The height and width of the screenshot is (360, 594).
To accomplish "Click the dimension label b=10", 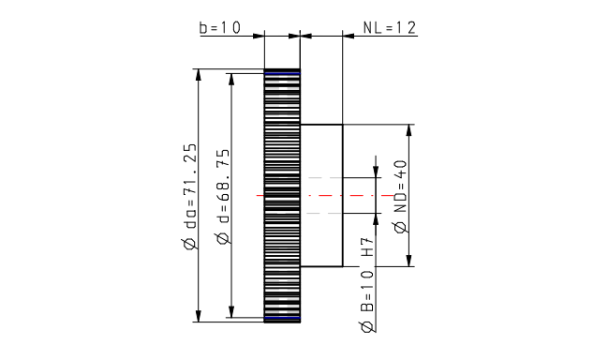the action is click(x=220, y=28).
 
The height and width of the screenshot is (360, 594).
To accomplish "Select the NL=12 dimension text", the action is click(x=390, y=28).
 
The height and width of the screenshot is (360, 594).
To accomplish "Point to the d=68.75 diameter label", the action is click(x=224, y=196).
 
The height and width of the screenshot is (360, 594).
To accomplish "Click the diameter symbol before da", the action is click(x=190, y=244).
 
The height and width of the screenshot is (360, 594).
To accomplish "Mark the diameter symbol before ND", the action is click(x=400, y=228).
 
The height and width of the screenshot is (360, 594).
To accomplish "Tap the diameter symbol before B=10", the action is click(x=367, y=326).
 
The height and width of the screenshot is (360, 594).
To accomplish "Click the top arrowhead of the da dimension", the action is click(x=198, y=75).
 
